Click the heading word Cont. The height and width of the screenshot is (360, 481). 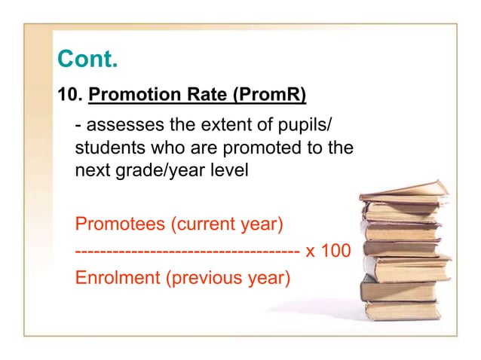[87, 59]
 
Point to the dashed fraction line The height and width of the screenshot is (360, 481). [188, 250]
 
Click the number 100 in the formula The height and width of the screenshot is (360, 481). [335, 250]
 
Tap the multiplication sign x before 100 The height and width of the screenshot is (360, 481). [310, 251]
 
